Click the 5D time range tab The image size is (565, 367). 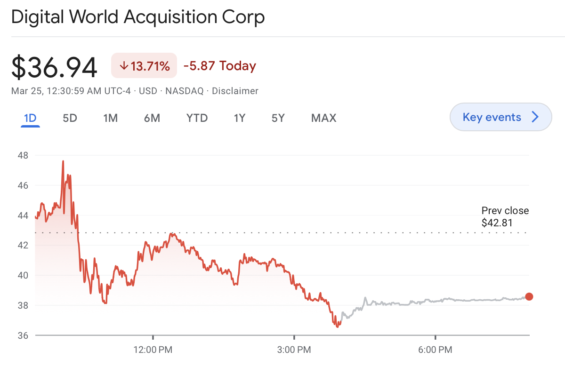point(70,118)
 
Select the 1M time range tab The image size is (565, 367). point(110,118)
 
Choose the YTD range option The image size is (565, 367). point(197,118)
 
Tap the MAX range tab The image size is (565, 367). point(323,118)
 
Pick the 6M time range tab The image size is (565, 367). point(152,118)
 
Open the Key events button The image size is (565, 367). point(500,117)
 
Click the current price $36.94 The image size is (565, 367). point(54,67)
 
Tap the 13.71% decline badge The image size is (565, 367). point(144,66)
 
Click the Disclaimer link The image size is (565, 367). point(235,91)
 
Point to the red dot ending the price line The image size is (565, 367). point(529,296)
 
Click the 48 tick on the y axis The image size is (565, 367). point(23,155)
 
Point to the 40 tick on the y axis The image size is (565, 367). point(23,275)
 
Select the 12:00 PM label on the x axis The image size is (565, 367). point(153,350)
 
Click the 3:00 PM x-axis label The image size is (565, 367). point(294,350)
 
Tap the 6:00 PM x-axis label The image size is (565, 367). point(435,350)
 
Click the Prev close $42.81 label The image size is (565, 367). point(505,217)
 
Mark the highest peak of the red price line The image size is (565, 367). point(63,161)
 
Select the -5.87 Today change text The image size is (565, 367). point(219,66)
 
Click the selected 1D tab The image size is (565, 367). point(30,118)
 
